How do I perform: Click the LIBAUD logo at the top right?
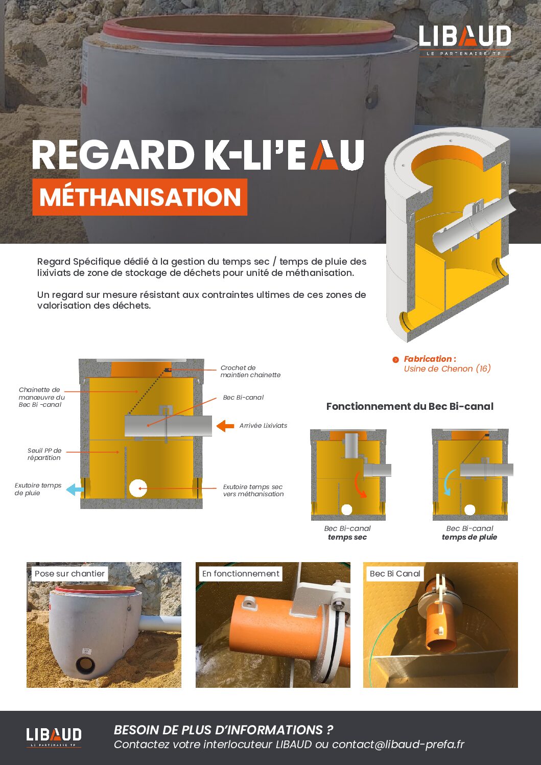464,40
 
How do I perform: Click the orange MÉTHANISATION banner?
140,197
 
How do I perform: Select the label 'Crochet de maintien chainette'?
250,372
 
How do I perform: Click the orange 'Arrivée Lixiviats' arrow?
225,426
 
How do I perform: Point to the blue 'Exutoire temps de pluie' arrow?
76,489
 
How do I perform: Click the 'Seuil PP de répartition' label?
44,454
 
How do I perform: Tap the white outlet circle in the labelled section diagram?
138,489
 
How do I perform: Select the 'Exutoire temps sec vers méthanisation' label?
253,491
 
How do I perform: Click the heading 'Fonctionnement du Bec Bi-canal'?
410,407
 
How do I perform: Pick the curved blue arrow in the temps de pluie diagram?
448,482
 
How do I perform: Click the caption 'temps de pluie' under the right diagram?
469,537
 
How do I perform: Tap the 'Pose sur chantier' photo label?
69,574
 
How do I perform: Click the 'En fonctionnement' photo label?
241,574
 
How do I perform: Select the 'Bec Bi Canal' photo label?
395,574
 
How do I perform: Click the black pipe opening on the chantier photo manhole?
85,665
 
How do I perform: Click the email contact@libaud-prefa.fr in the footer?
398,745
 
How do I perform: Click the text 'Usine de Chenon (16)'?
447,369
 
